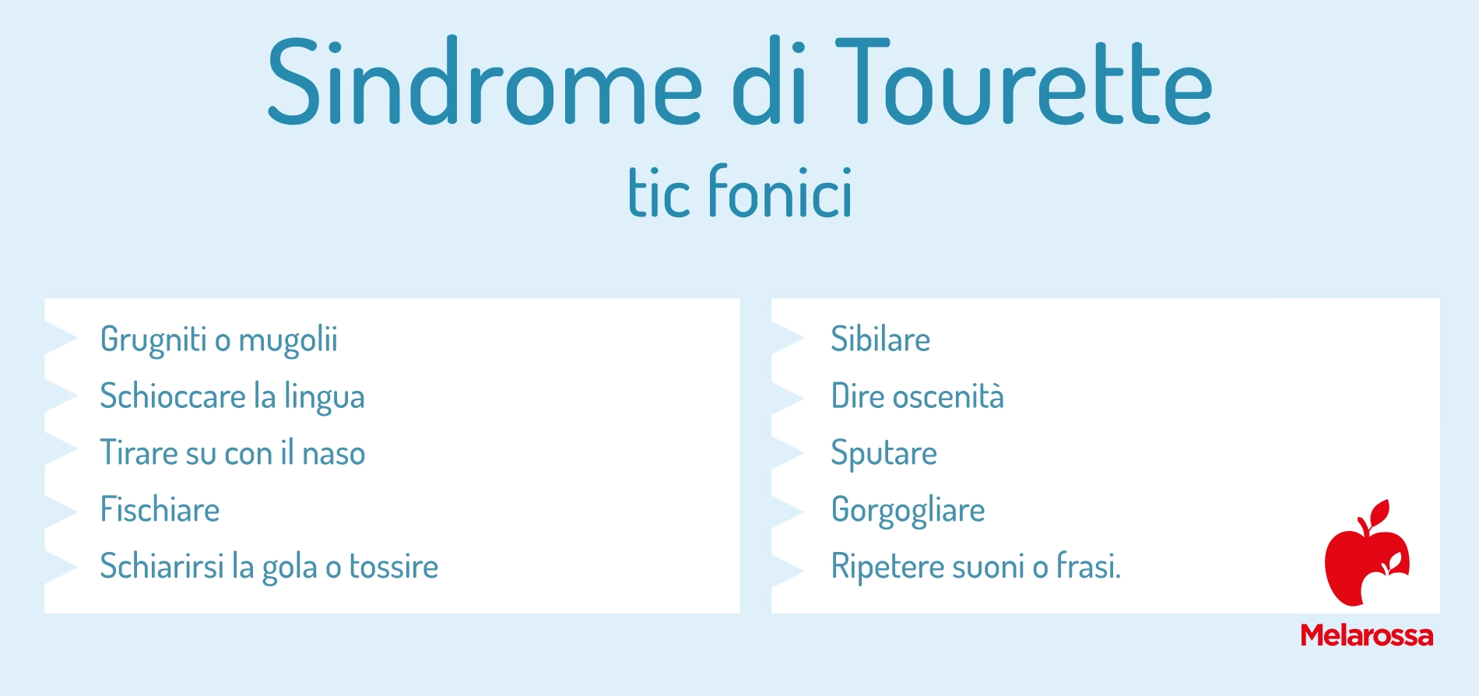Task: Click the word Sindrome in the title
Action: (x=485, y=82)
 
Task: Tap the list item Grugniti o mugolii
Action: (x=219, y=340)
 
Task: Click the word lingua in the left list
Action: (x=324, y=397)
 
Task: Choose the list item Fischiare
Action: (x=160, y=510)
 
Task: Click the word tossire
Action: (x=394, y=567)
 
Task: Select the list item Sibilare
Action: (x=880, y=339)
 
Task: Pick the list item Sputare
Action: (x=884, y=454)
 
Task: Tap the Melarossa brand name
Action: (x=1367, y=635)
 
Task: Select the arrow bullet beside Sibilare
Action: (x=787, y=339)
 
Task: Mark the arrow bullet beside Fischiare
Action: (x=61, y=511)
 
